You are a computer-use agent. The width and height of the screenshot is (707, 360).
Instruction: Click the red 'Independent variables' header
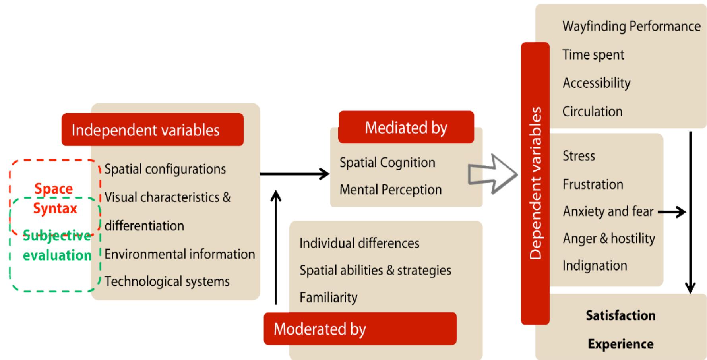(x=152, y=130)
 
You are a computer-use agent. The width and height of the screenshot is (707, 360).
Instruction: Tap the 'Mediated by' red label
(x=406, y=128)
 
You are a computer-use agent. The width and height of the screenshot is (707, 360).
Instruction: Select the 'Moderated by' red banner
(x=360, y=329)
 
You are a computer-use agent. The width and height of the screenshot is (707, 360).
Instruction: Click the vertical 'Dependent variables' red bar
(x=535, y=183)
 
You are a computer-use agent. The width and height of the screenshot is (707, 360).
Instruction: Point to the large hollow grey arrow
(x=492, y=174)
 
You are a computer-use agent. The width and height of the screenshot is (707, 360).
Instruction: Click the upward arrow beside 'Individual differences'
(x=276, y=246)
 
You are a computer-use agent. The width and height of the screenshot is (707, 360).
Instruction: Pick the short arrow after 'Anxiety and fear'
(x=672, y=212)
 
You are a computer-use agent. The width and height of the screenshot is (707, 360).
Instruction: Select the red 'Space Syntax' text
(x=54, y=198)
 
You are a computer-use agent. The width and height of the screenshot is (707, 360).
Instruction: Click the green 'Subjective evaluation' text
(x=57, y=245)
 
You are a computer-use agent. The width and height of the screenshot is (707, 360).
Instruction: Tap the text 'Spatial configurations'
(x=165, y=169)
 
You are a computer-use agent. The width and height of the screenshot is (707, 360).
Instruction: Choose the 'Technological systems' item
(x=167, y=281)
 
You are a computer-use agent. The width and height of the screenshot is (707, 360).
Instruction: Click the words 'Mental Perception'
(x=390, y=190)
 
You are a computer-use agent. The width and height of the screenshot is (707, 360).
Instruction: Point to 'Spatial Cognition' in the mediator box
(x=387, y=163)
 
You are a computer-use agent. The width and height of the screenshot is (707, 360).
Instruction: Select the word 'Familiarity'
(x=328, y=297)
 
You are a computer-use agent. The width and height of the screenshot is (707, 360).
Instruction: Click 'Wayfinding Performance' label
(x=631, y=26)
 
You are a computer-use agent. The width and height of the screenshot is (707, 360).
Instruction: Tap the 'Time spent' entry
(x=593, y=54)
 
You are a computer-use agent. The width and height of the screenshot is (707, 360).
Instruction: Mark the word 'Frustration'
(x=593, y=184)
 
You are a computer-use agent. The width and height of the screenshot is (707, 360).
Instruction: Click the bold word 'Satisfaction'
(x=620, y=315)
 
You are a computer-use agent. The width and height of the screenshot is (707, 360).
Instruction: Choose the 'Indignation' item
(x=595, y=265)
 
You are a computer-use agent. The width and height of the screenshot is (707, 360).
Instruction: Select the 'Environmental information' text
(x=180, y=254)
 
